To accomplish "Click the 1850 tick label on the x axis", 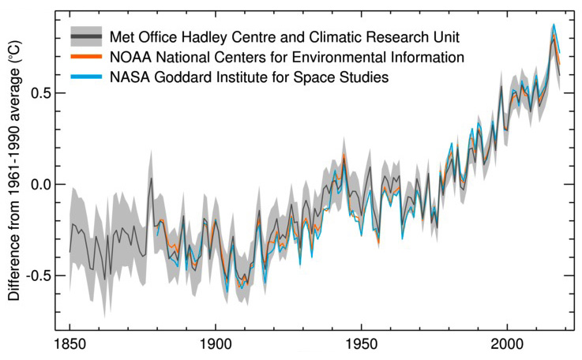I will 69,346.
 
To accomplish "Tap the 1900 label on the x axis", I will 215,346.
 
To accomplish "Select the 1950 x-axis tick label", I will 361,346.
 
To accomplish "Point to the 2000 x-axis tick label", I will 506,346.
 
